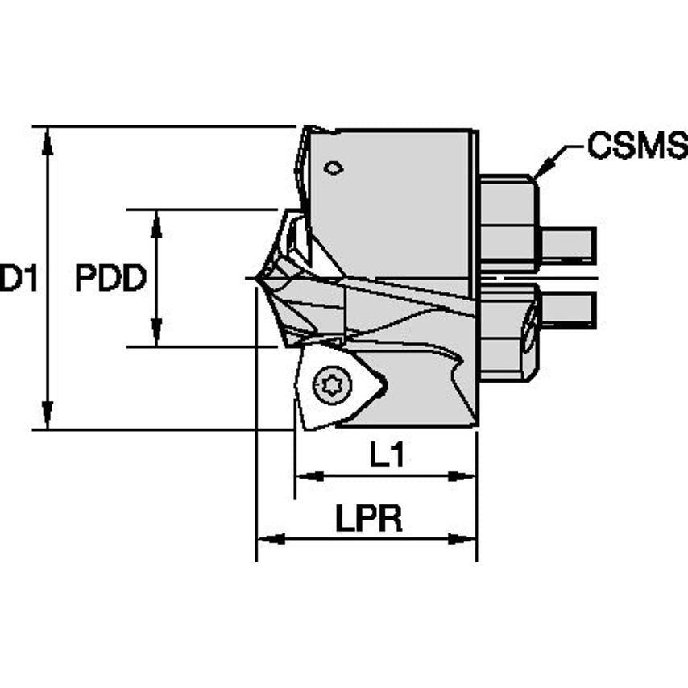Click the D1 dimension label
[x=18, y=279]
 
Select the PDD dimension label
[x=110, y=279]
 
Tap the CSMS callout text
[x=636, y=146]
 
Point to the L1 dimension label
[x=387, y=457]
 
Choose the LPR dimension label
[x=368, y=520]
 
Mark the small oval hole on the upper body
[x=333, y=168]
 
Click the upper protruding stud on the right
[x=567, y=244]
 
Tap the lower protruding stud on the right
[x=567, y=309]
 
